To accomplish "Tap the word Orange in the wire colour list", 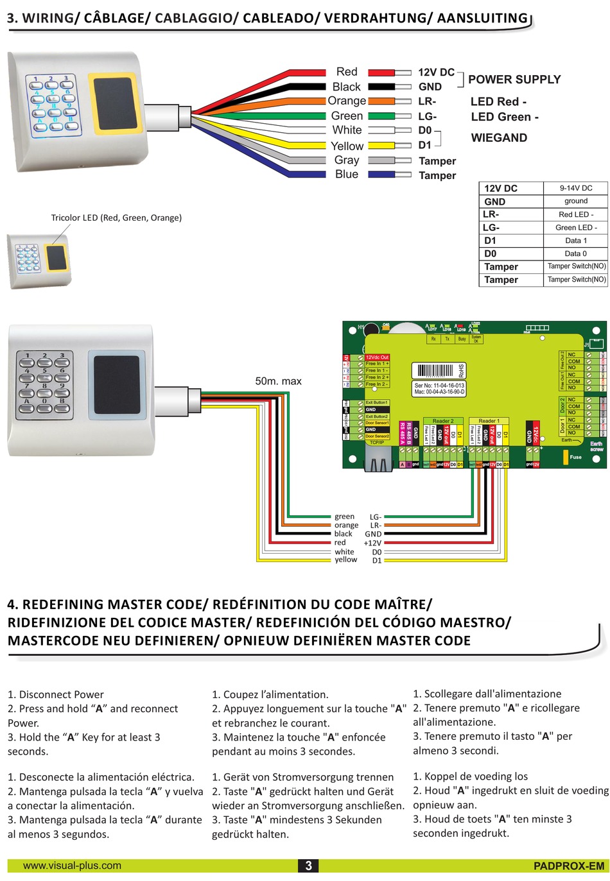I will click(347, 101).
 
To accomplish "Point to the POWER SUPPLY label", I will click(514, 80).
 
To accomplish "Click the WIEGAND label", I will click(499, 138).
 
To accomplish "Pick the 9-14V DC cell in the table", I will click(575, 188).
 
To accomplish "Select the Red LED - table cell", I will click(575, 214).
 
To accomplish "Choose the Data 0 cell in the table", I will click(575, 253).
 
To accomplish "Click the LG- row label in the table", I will click(491, 227).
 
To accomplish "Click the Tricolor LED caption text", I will click(116, 218).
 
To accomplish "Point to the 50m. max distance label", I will click(278, 381).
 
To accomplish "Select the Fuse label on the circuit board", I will click(575, 457).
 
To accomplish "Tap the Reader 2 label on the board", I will click(443, 421).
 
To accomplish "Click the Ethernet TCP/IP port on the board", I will click(378, 457).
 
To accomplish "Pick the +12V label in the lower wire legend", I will click(372, 543).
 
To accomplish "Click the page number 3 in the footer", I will click(308, 866).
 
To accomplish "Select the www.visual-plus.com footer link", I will click(72, 866).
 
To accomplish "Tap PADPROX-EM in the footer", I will click(568, 866).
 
